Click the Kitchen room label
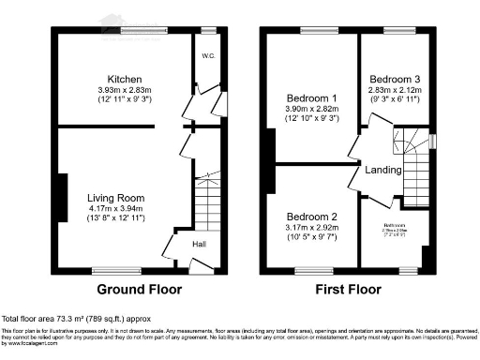[x=125, y=78]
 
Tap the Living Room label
[x=115, y=198]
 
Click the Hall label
[x=199, y=245]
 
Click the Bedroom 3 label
[x=392, y=78]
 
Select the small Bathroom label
[x=394, y=225]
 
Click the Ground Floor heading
[x=140, y=290]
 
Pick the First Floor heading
[x=348, y=290]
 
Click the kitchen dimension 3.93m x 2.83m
[x=125, y=89]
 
